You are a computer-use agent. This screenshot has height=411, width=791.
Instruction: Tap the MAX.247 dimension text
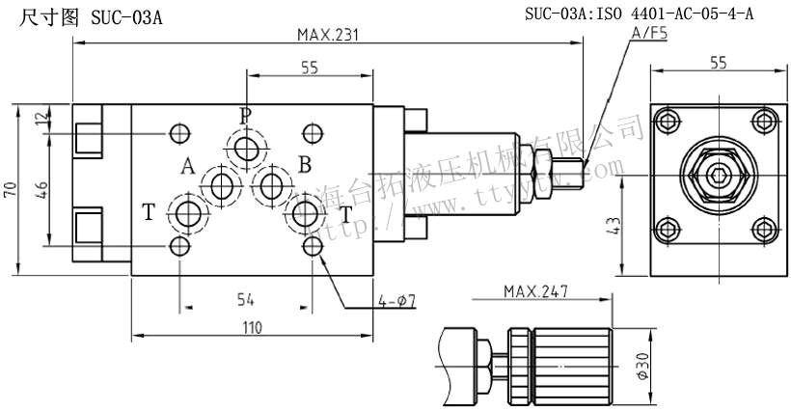[535, 290]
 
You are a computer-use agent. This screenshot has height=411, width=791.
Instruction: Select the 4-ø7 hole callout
[396, 302]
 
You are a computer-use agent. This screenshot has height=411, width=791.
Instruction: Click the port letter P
[245, 116]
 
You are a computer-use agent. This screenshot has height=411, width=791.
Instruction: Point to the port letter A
[187, 166]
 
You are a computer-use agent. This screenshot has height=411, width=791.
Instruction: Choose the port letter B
[304, 165]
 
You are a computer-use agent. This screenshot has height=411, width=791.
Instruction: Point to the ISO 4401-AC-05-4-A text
[681, 14]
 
